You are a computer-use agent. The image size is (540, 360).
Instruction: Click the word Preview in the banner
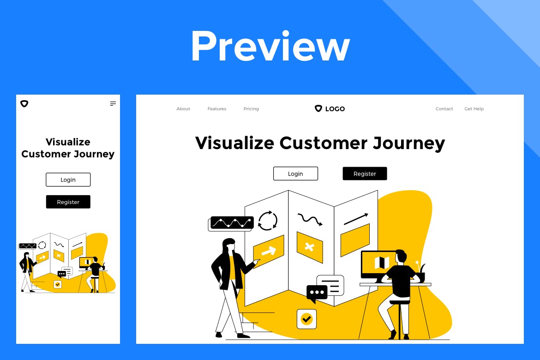[270, 46]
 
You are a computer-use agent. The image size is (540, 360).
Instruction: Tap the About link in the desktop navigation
[183, 109]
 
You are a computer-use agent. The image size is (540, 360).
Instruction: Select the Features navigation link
[217, 109]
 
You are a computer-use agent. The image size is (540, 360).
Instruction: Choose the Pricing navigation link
[251, 109]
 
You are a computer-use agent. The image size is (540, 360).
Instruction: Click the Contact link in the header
[444, 109]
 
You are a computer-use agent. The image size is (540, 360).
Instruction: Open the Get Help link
[474, 109]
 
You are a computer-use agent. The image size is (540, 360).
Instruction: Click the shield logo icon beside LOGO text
[318, 108]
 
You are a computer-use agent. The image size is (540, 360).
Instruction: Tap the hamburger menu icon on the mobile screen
[113, 104]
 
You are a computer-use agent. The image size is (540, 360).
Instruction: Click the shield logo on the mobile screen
[24, 104]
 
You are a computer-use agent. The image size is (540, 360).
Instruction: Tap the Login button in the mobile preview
[68, 180]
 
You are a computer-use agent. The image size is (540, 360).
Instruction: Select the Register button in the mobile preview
[68, 202]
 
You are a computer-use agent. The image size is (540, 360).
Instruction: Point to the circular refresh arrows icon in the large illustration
[268, 221]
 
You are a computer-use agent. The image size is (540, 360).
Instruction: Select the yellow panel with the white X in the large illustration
[309, 247]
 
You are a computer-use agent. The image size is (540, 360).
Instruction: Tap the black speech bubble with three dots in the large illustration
[317, 293]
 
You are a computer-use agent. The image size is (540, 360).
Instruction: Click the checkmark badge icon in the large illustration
[306, 318]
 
